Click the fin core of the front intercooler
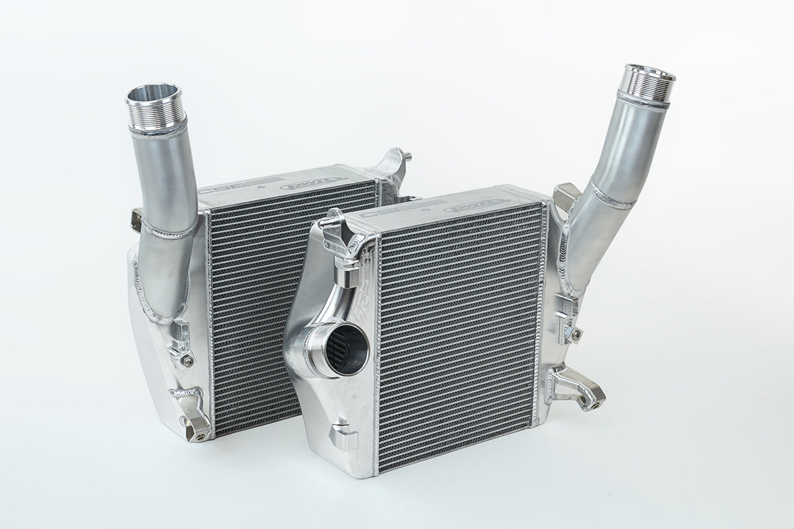click(457, 331)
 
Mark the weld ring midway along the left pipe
click(169, 228)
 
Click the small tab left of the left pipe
click(136, 215)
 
